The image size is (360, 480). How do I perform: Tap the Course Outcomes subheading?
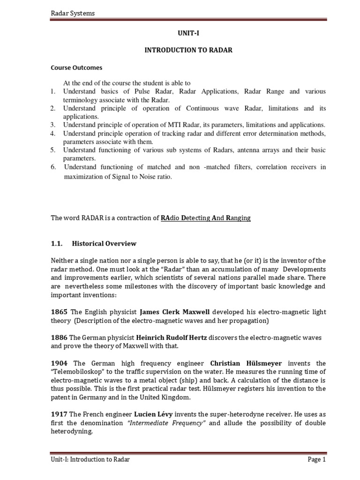tap(76, 67)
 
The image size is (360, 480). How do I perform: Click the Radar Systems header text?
tap(72, 13)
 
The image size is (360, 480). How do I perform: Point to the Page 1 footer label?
tap(316, 459)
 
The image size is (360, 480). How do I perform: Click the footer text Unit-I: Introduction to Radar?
tap(90, 459)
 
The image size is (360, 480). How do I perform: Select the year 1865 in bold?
tap(59, 312)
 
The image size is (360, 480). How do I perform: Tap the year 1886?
tap(59, 337)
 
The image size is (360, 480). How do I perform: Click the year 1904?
tap(59, 363)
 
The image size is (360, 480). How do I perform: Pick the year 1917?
tap(59, 414)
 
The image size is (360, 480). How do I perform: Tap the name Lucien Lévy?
tap(153, 414)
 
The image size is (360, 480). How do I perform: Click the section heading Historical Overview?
tap(104, 243)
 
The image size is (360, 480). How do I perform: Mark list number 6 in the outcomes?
tap(53, 167)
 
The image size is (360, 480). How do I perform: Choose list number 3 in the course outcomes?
tap(53, 125)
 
